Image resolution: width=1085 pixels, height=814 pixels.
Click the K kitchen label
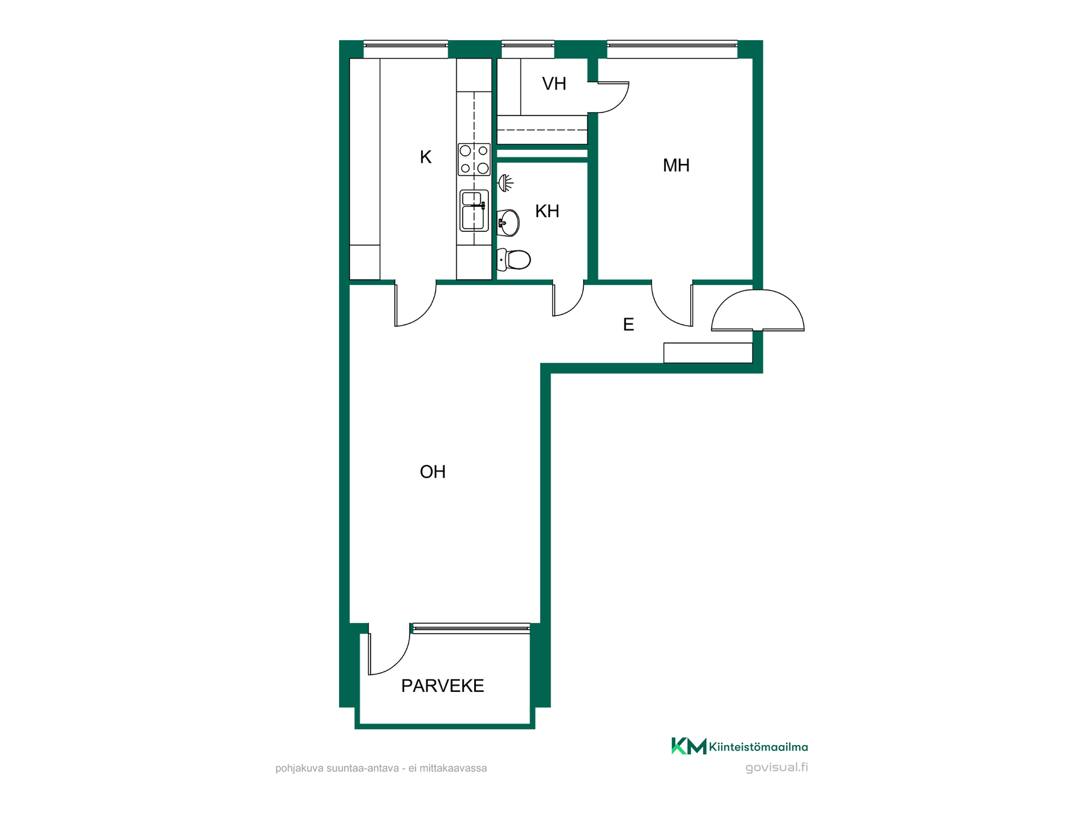[x=426, y=157]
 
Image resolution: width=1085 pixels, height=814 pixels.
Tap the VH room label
[x=554, y=84]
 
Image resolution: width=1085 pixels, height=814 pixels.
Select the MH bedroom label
[x=676, y=165]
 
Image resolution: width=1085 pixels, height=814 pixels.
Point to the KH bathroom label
[x=547, y=211]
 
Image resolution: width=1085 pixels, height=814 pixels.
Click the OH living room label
[x=433, y=471]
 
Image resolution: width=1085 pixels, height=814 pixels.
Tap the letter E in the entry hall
[x=628, y=324]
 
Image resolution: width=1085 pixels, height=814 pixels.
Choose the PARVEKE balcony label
[x=442, y=686]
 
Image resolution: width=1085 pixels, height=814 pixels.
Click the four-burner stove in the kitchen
[x=474, y=159]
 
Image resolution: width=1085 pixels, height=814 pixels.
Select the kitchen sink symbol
[x=474, y=210]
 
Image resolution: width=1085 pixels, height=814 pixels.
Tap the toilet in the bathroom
[x=514, y=259]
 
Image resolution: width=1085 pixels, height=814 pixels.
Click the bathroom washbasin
[x=508, y=223]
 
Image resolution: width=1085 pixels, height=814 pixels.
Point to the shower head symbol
[x=505, y=183]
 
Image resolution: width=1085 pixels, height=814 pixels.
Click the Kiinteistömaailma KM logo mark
[x=689, y=746]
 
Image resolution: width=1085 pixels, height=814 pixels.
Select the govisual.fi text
[x=776, y=767]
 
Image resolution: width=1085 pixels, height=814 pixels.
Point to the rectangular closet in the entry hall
[x=708, y=353]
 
